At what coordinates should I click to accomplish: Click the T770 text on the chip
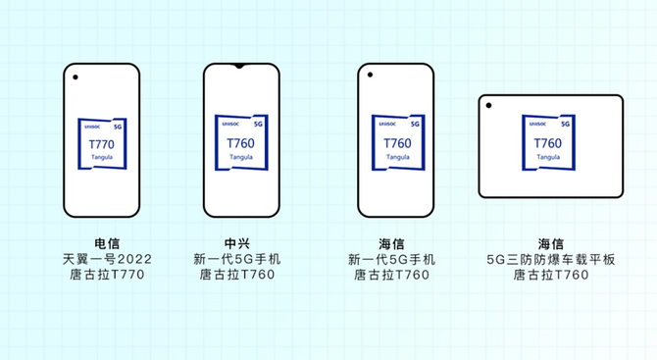click(x=101, y=144)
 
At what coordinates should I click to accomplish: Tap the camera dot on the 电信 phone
click(x=76, y=77)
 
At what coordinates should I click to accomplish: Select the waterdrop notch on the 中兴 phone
click(x=239, y=66)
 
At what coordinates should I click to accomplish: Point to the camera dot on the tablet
click(x=488, y=105)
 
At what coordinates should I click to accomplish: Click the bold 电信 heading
click(x=107, y=243)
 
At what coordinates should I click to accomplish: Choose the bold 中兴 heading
click(x=237, y=243)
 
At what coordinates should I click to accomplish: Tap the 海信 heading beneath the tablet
click(x=551, y=244)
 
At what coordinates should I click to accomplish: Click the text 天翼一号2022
click(x=107, y=259)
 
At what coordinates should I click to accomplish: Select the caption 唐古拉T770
click(x=107, y=275)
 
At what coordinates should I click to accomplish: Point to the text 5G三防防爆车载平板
click(x=551, y=260)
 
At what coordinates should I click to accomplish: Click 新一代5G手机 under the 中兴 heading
click(x=237, y=259)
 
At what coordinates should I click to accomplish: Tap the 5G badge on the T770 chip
click(x=118, y=127)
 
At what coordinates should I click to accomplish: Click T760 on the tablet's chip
click(x=548, y=144)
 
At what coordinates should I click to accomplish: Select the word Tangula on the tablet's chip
click(x=548, y=157)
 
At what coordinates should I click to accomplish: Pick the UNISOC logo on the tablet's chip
click(x=537, y=124)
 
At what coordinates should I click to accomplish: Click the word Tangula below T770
click(x=102, y=158)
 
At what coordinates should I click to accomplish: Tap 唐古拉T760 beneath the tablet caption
click(x=551, y=275)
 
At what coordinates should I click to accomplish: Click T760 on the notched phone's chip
click(x=240, y=144)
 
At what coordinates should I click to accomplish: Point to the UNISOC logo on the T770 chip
click(x=92, y=127)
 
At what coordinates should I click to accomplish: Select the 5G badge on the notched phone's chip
click(x=258, y=124)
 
